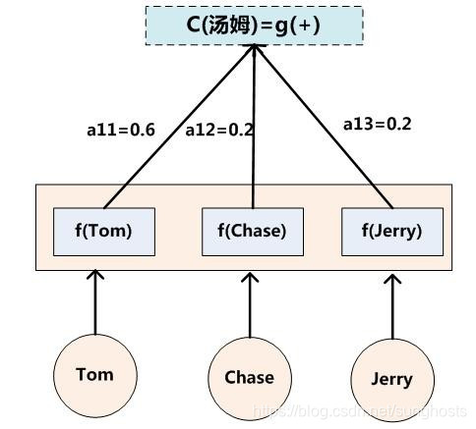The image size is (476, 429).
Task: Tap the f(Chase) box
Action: point(251,232)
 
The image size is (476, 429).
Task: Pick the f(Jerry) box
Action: point(392,232)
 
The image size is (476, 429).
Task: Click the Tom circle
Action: point(94,374)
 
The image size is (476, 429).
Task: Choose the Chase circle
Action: point(249,377)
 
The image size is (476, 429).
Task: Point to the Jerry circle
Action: point(390,380)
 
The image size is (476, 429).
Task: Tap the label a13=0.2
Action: point(377,124)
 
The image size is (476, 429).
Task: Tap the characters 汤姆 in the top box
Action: point(230,24)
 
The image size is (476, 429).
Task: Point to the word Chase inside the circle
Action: point(249,377)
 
